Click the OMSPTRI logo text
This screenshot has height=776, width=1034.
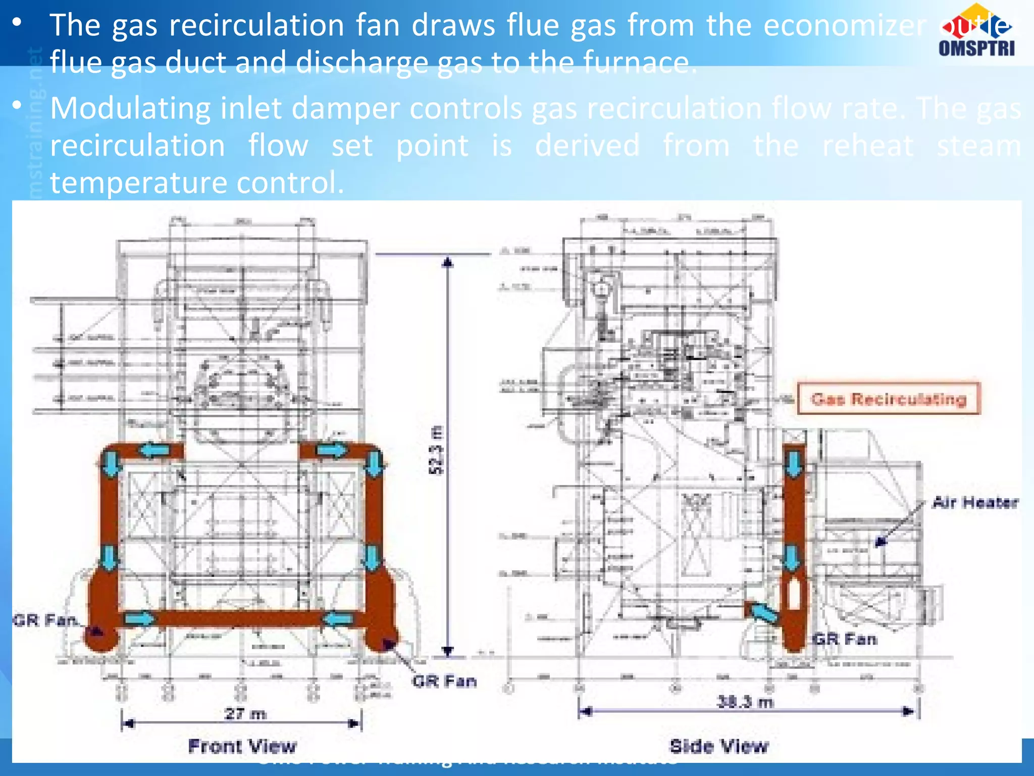click(976, 48)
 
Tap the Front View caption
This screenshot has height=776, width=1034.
click(242, 746)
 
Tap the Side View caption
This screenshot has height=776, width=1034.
click(719, 746)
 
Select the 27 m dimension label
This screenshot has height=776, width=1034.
click(245, 714)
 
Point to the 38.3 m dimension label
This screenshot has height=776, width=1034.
click(745, 702)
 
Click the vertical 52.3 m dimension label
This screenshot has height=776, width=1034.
click(436, 450)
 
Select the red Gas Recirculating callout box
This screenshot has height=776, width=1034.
click(889, 399)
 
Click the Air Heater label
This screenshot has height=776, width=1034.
click(975, 502)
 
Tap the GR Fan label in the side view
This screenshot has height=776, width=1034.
click(845, 639)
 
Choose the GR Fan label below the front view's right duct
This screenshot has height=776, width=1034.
click(444, 681)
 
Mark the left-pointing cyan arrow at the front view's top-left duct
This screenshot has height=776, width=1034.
click(154, 450)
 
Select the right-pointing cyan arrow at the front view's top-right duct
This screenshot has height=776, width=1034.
click(332, 450)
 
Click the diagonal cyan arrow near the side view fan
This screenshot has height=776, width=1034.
click(764, 612)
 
